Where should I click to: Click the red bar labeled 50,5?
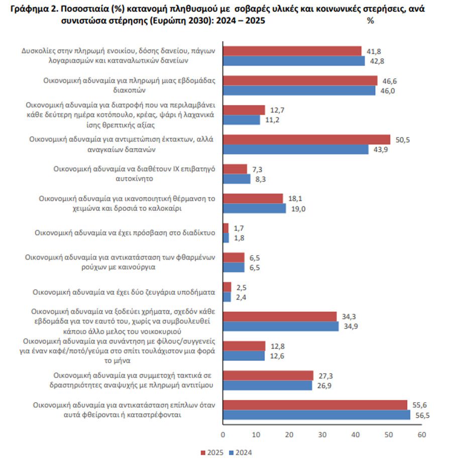click(306, 140)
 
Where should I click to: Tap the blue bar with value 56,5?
click(316, 415)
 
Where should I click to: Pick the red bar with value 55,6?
click(315, 405)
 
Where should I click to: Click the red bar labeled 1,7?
click(226, 228)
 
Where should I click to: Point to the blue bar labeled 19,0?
click(254, 208)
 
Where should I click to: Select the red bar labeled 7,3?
click(235, 169)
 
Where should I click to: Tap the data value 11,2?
click(272, 120)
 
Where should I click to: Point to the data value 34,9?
click(351, 326)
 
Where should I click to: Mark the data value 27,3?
click(325, 375)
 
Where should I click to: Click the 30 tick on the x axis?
click(322, 434)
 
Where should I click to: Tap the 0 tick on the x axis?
click(223, 434)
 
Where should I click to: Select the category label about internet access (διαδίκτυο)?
click(125, 233)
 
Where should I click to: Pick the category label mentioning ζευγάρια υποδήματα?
click(124, 292)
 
